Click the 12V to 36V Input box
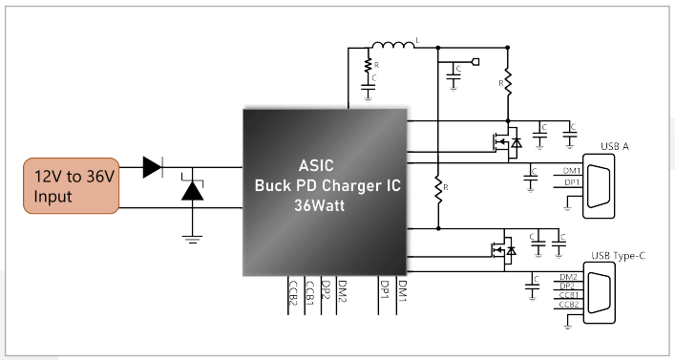point(71,185)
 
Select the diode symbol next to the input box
point(153,167)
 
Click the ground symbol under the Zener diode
point(192,239)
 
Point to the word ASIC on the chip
point(316,165)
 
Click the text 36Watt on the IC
point(320,205)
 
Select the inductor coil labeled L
point(393,45)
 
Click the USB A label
point(615,146)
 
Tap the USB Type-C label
point(618,256)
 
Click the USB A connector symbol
point(599,186)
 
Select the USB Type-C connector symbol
point(600,292)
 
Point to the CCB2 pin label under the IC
point(293,293)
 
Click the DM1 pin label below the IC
point(402,291)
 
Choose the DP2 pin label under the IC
point(327,291)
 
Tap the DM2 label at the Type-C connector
point(568,277)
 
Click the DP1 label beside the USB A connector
point(572,182)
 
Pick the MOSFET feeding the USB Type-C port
point(503,249)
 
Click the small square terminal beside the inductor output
point(475,62)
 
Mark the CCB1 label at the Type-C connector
point(569,295)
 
